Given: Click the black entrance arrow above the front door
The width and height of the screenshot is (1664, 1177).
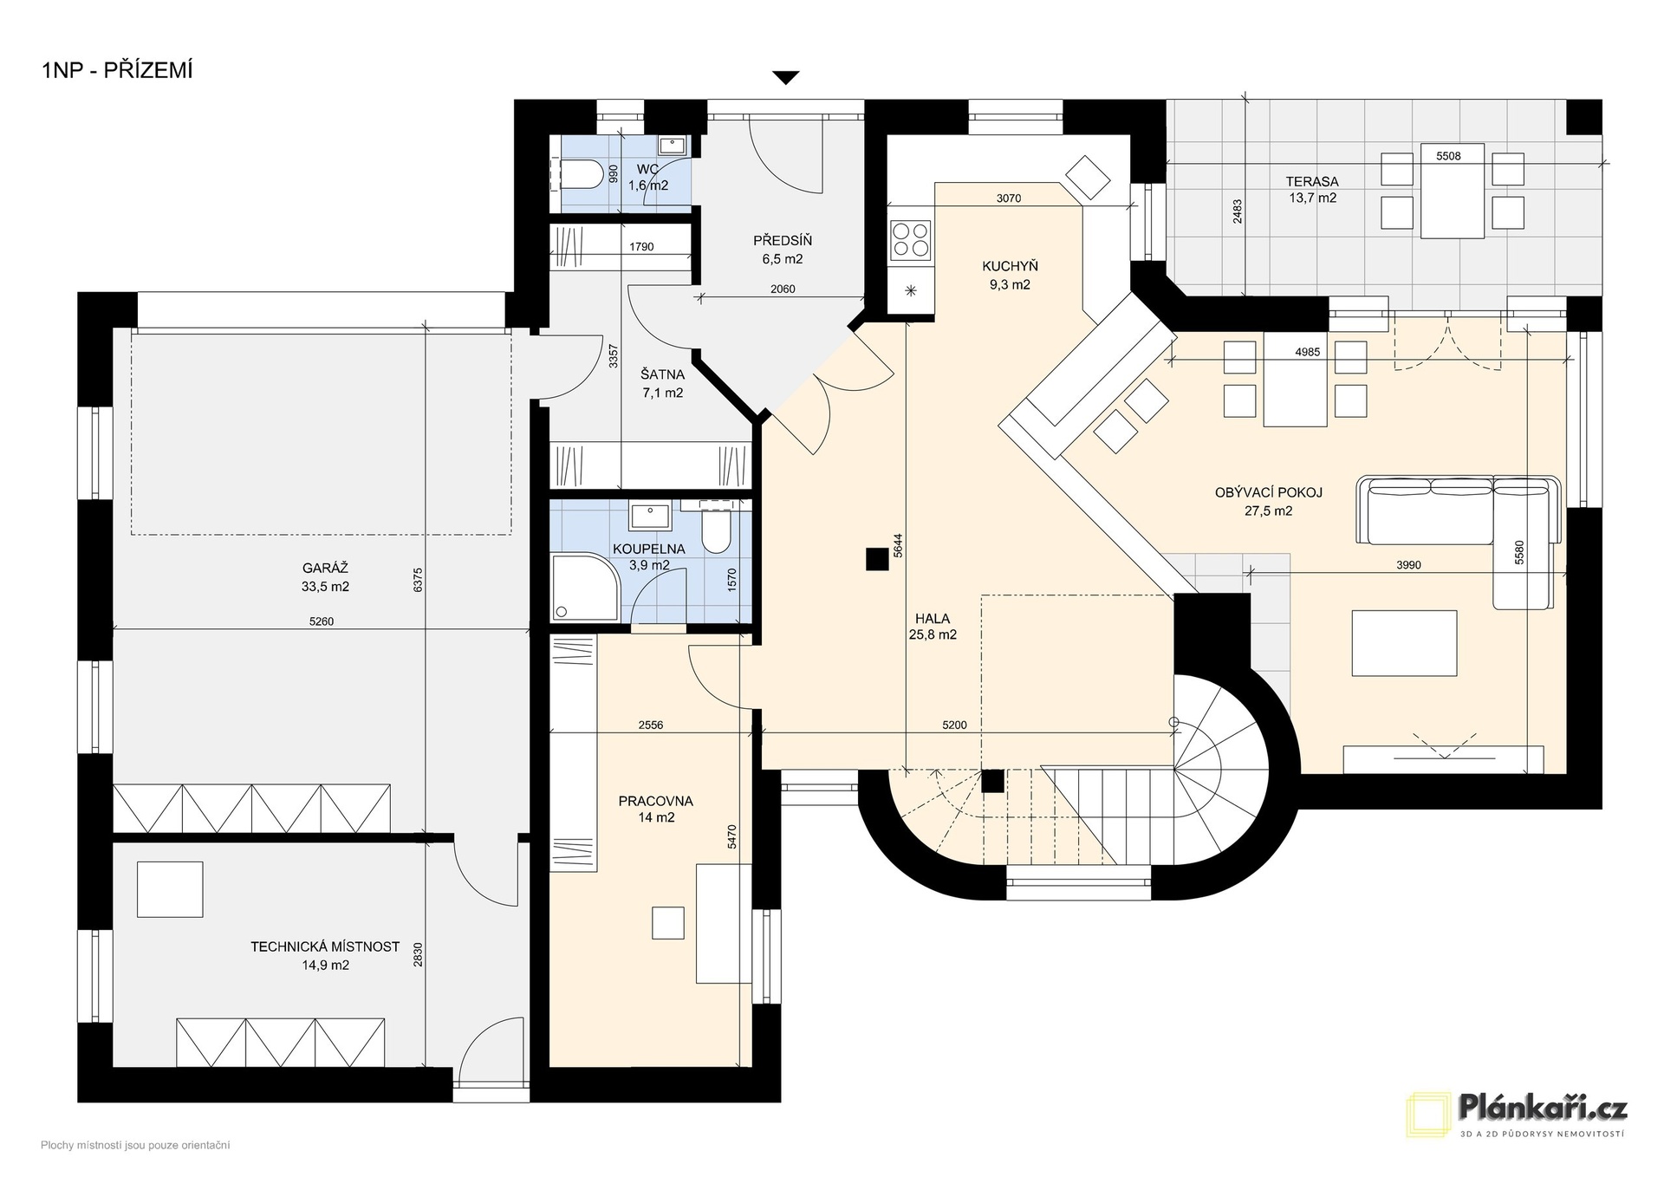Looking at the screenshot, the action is point(785,78).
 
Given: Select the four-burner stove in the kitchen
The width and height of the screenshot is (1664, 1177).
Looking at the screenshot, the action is point(911,239).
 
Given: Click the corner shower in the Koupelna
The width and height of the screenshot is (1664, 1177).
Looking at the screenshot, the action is point(586,588).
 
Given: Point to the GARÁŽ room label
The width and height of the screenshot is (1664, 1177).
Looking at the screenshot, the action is point(325,569).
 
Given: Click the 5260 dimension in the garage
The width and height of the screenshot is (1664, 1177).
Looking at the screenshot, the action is point(321,621).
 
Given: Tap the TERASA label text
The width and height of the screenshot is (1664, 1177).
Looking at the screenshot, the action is point(1312,182).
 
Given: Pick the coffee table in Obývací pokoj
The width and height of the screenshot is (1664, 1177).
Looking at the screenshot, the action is point(1404,643).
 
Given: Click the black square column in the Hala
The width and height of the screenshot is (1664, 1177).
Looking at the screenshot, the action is point(877,560).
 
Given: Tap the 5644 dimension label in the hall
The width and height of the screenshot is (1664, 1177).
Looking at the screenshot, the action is point(898,545).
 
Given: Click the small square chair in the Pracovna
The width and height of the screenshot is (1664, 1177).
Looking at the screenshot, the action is point(668,923).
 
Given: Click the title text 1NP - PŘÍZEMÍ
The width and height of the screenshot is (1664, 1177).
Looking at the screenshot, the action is point(117,70).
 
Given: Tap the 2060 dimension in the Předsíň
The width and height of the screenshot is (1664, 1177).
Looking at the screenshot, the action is point(783,289).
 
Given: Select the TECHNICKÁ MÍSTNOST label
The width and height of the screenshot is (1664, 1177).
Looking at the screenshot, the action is point(325,946).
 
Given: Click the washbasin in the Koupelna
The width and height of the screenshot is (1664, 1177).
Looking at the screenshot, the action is point(651,516).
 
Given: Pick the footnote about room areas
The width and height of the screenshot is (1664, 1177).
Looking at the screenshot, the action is point(135,1146).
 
